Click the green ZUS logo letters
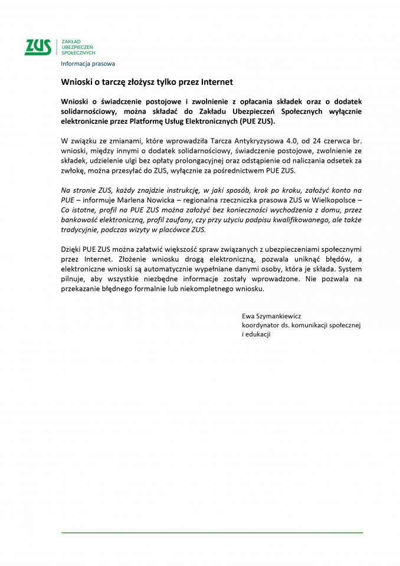point(37,47)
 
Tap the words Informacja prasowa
point(88,64)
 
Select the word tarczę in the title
point(112,82)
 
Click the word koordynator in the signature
point(261,325)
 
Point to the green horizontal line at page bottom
point(212,532)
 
